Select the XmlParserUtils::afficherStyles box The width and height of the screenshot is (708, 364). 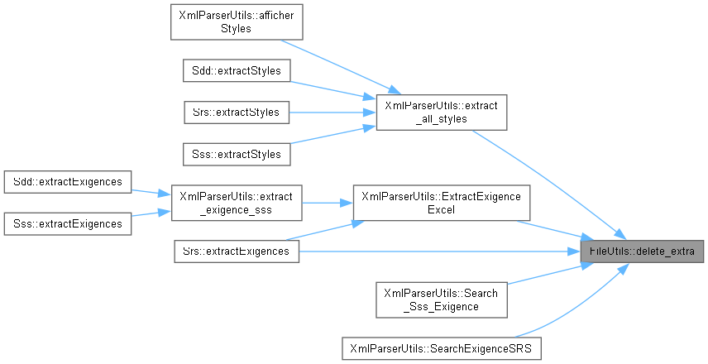click(x=237, y=22)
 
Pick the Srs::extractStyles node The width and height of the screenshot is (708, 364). click(x=237, y=112)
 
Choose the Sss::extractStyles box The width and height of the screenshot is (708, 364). click(x=237, y=153)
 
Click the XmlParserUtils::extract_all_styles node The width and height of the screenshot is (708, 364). click(x=440, y=112)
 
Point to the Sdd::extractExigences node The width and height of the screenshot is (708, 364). click(x=67, y=181)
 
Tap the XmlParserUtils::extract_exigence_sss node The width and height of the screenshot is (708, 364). click(x=237, y=202)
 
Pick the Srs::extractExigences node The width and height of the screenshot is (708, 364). click(x=237, y=251)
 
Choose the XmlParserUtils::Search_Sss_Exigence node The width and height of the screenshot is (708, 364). click(x=440, y=299)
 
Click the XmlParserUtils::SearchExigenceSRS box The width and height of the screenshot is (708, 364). click(x=440, y=347)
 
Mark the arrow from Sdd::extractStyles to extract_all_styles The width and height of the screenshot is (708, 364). click(x=331, y=91)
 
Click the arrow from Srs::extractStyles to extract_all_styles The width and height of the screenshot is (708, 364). click(x=331, y=112)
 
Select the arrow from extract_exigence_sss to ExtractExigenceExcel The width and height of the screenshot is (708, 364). click(x=328, y=202)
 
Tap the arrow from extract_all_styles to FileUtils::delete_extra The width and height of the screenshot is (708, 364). click(x=546, y=181)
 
